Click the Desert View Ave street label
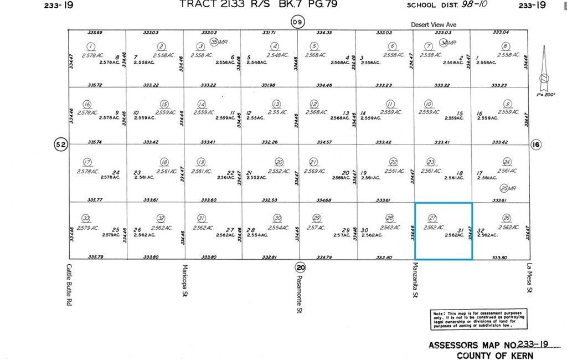pos(434,24)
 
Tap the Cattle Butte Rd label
pos(70,284)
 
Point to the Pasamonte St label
pos(300,294)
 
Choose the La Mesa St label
pos(529,279)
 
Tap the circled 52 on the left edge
pos(60,145)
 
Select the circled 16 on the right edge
pos(536,145)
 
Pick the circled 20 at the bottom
pos(300,266)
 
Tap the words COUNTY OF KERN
pos(494,355)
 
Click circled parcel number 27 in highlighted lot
pos(433,218)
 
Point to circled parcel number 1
pos(91,47)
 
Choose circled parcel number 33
pos(85,218)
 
